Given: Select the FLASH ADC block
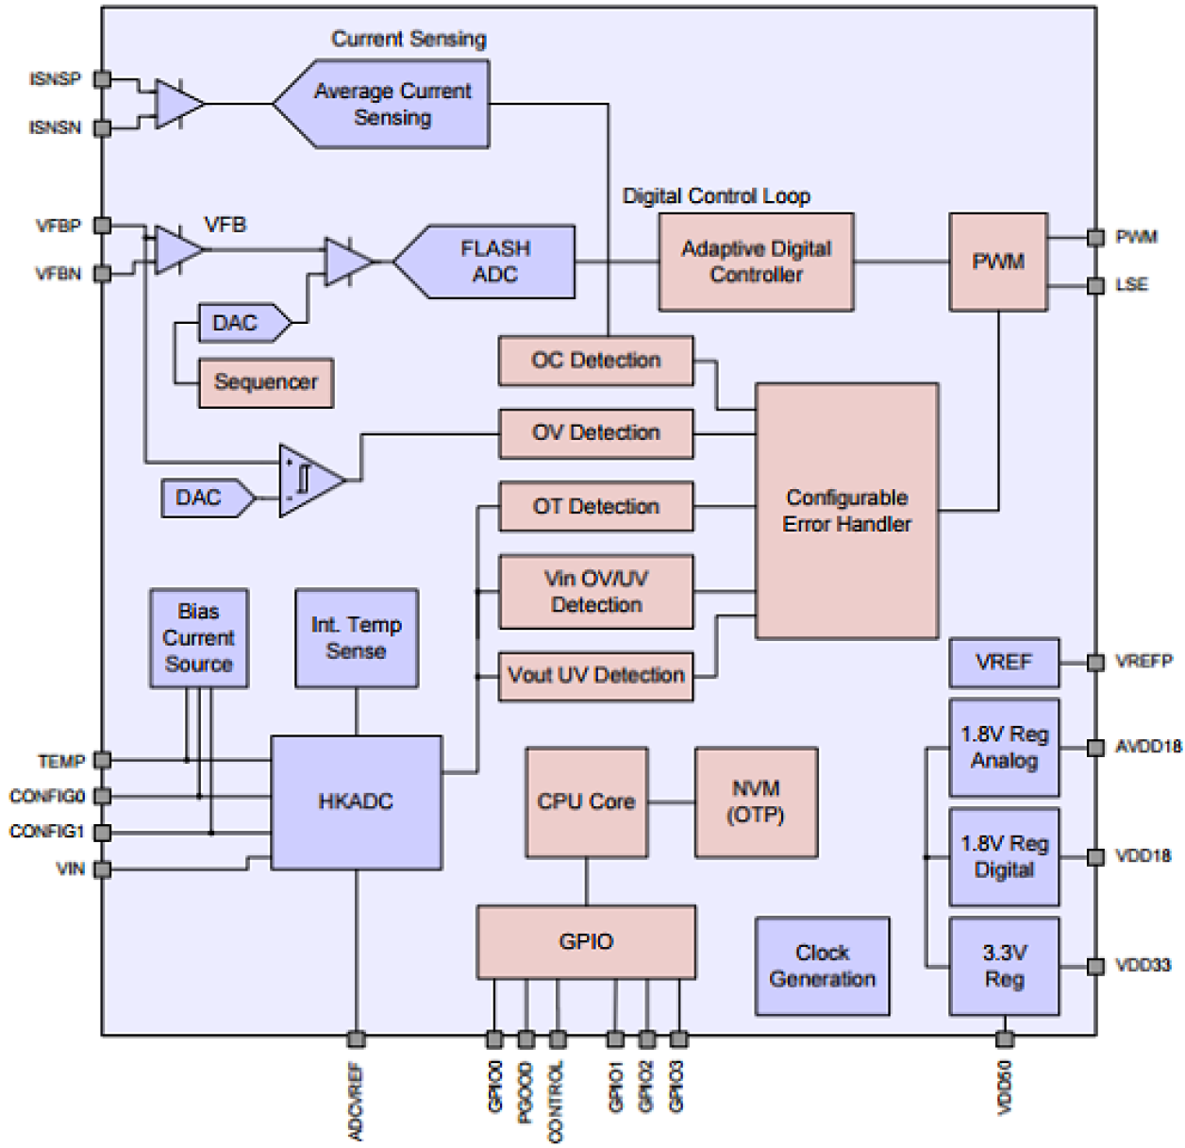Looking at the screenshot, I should point(494,262).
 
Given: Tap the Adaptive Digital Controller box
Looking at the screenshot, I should point(756,262).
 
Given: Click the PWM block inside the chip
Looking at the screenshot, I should point(997,262).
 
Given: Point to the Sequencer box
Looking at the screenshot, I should point(265,382).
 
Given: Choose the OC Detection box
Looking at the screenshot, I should point(595,361).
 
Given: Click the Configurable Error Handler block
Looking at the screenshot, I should point(846,511).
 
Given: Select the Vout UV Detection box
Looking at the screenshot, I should point(595,676).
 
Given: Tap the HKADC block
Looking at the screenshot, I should point(356,802).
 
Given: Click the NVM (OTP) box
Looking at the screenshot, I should point(756,802).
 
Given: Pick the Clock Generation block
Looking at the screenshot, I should point(822,966).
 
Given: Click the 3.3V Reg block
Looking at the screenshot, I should point(1004,966).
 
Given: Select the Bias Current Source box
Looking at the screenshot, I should point(198,638).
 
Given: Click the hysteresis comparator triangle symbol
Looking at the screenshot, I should point(308,481).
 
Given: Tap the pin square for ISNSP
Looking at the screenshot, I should point(103,79).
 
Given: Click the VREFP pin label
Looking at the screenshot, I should point(1143,662).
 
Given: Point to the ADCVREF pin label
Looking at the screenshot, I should point(356,1102).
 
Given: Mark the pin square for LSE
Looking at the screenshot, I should point(1095,285).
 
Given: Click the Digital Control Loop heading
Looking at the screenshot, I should point(716,196).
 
